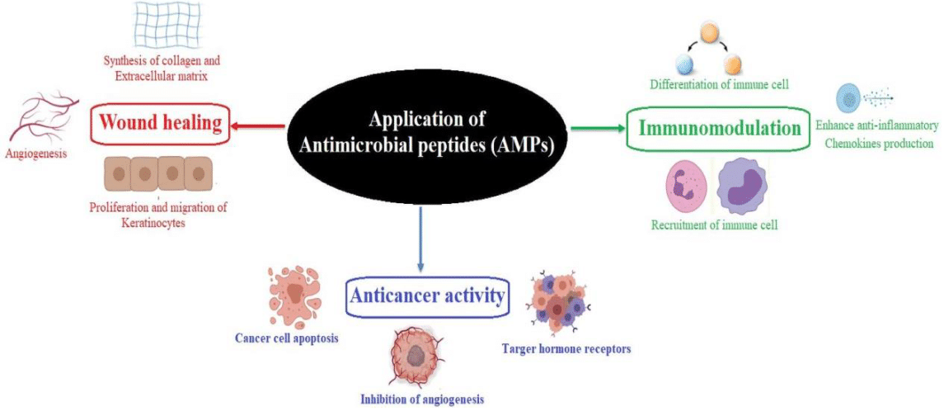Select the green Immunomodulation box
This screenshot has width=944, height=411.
tap(719, 129)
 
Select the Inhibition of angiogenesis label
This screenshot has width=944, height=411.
tap(422, 399)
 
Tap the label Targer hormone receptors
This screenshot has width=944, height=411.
tap(566, 349)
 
